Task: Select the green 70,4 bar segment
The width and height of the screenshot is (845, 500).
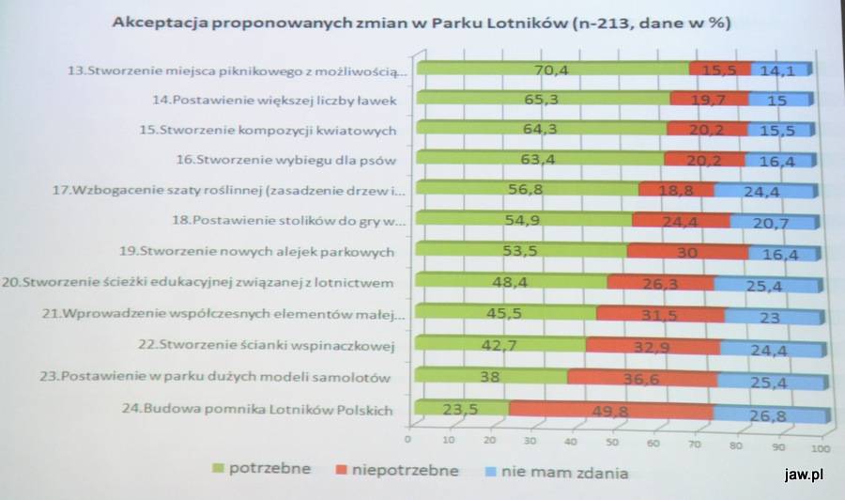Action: click(552, 69)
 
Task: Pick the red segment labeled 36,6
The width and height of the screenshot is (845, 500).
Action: click(642, 378)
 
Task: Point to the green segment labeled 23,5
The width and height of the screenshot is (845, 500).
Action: click(461, 408)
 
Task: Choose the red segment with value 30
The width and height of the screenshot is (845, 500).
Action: click(687, 251)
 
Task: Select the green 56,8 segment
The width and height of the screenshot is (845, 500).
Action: click(527, 190)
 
